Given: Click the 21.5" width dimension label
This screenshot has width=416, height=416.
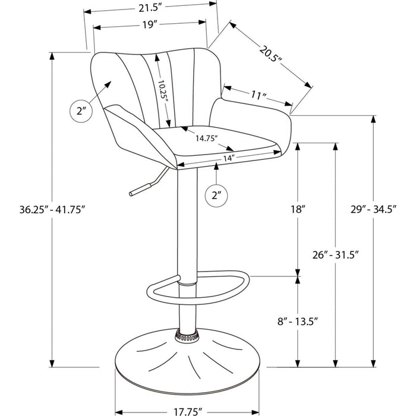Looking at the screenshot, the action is (150, 8).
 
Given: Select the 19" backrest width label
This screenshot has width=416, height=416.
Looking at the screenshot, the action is (150, 25).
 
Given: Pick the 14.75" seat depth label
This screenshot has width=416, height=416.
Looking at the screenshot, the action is (207, 138).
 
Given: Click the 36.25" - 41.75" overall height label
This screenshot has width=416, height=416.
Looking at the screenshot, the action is (52, 210).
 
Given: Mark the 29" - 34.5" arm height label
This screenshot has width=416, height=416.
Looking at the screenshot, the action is (373, 209).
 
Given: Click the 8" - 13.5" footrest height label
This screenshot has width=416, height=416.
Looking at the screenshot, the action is (298, 322).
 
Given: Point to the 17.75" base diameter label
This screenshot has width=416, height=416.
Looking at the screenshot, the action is (188, 411).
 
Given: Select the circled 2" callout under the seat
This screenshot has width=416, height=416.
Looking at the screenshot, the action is (216, 196).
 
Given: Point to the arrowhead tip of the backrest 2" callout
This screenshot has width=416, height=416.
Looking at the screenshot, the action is (111, 81).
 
